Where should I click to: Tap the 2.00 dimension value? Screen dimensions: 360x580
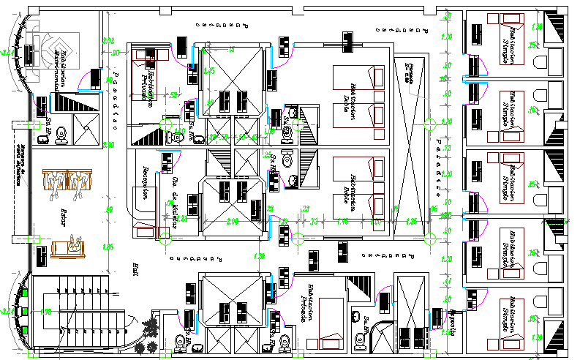(x=233, y=221)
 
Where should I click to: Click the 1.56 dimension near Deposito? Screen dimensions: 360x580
(x=445, y=333)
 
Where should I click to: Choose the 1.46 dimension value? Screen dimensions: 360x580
(x=341, y=221)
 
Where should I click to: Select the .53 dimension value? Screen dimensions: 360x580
(x=174, y=95)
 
